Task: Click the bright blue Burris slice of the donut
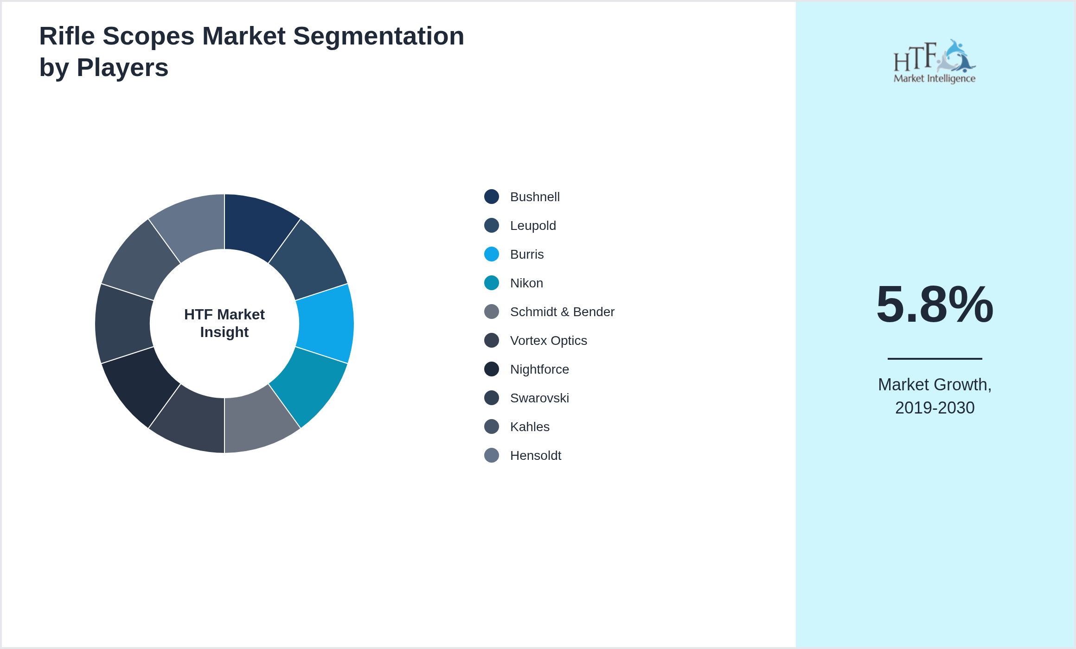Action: pyautogui.click(x=326, y=324)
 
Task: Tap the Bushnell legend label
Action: pyautogui.click(x=535, y=197)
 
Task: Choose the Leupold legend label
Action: pyautogui.click(x=533, y=226)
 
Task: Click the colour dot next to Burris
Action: pyautogui.click(x=492, y=254)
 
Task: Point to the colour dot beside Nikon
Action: pyautogui.click(x=492, y=283)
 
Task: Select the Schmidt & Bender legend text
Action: pyautogui.click(x=562, y=312)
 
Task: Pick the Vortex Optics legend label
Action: pyautogui.click(x=548, y=341)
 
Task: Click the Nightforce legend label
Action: pyautogui.click(x=539, y=369)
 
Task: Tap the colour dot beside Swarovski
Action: pyautogui.click(x=492, y=398)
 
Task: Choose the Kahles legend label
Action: pyautogui.click(x=530, y=427)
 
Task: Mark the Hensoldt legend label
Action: pyautogui.click(x=536, y=456)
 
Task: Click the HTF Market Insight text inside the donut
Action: pyautogui.click(x=224, y=323)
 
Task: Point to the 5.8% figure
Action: pyautogui.click(x=935, y=305)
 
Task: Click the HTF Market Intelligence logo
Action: pyautogui.click(x=935, y=62)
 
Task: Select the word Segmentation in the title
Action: pyautogui.click(x=378, y=36)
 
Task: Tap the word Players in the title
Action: pyautogui.click(x=122, y=68)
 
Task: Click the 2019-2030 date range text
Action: pyautogui.click(x=935, y=408)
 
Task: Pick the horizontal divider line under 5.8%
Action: pyautogui.click(x=935, y=358)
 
